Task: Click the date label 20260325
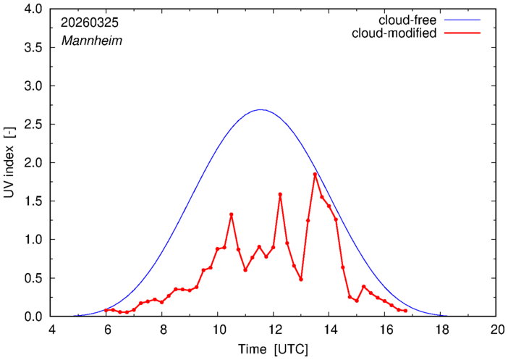(x=90, y=23)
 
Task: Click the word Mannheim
(x=92, y=41)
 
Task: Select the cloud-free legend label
(x=407, y=20)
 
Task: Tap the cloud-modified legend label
(x=394, y=33)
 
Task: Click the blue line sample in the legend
(x=462, y=20)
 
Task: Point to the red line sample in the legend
(x=462, y=33)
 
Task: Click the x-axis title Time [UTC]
(x=273, y=349)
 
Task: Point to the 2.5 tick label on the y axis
(x=33, y=125)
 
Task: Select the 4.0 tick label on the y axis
(x=33, y=9)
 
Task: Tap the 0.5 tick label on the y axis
(x=33, y=278)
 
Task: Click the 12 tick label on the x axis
(x=274, y=330)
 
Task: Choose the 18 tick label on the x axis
(x=440, y=330)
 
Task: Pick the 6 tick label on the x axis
(x=106, y=330)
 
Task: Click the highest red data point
(x=315, y=174)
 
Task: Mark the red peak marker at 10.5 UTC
(x=232, y=214)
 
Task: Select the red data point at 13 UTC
(x=301, y=280)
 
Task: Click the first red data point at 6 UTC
(x=106, y=310)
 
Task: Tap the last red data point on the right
(x=405, y=311)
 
